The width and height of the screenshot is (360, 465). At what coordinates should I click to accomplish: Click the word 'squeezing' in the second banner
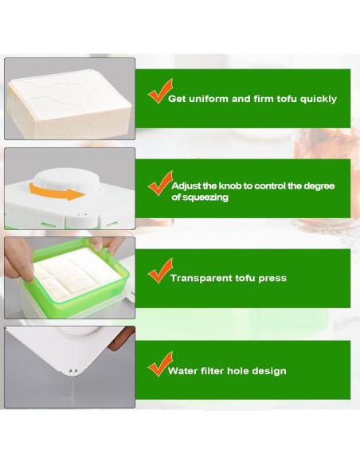205,197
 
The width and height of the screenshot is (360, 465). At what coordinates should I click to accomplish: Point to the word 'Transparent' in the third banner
200,279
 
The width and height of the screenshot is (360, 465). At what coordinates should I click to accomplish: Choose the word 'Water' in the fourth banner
184,371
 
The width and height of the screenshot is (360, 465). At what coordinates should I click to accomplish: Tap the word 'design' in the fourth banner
269,371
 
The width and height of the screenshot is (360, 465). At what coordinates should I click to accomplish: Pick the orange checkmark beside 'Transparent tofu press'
159,271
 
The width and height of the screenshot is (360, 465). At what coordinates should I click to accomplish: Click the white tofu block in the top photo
68,100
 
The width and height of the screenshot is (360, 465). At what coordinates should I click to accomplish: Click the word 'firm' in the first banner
253,100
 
